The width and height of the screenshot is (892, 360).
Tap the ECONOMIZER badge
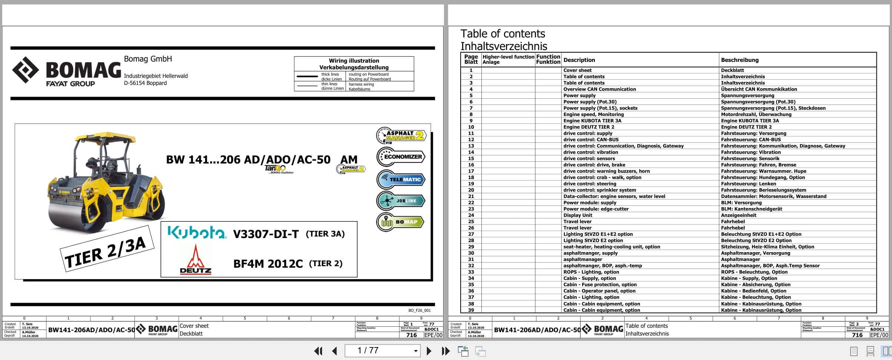(401, 156)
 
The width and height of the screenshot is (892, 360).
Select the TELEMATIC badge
(401, 179)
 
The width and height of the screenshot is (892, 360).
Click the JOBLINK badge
(401, 201)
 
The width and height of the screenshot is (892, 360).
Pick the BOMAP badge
(401, 222)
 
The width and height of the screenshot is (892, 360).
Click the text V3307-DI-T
(266, 234)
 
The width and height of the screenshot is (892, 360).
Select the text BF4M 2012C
(268, 264)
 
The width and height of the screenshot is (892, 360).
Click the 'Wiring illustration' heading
(354, 61)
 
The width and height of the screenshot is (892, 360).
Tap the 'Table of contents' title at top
(503, 34)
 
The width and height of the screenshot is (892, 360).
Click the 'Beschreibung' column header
(740, 60)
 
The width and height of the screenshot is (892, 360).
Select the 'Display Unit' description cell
(578, 215)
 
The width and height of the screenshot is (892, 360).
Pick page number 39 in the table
(471, 310)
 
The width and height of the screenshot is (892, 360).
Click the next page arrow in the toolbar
(429, 351)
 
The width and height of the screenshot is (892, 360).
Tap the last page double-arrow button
(445, 351)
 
